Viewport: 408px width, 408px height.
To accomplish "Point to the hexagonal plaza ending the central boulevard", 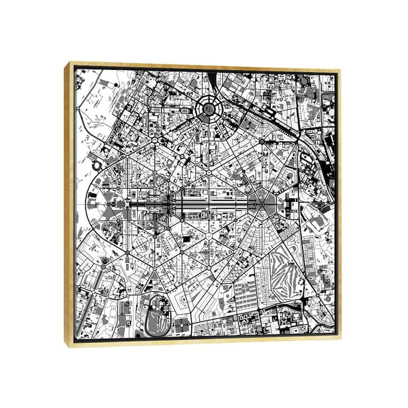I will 262,203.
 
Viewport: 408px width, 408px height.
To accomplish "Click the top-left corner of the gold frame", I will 66,62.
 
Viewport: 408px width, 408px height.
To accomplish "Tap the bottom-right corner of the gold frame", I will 341,346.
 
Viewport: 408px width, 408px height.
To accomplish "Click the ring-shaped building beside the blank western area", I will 95,165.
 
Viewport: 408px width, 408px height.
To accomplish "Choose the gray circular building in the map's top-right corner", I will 304,81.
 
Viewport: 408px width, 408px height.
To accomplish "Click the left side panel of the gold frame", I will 70,204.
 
